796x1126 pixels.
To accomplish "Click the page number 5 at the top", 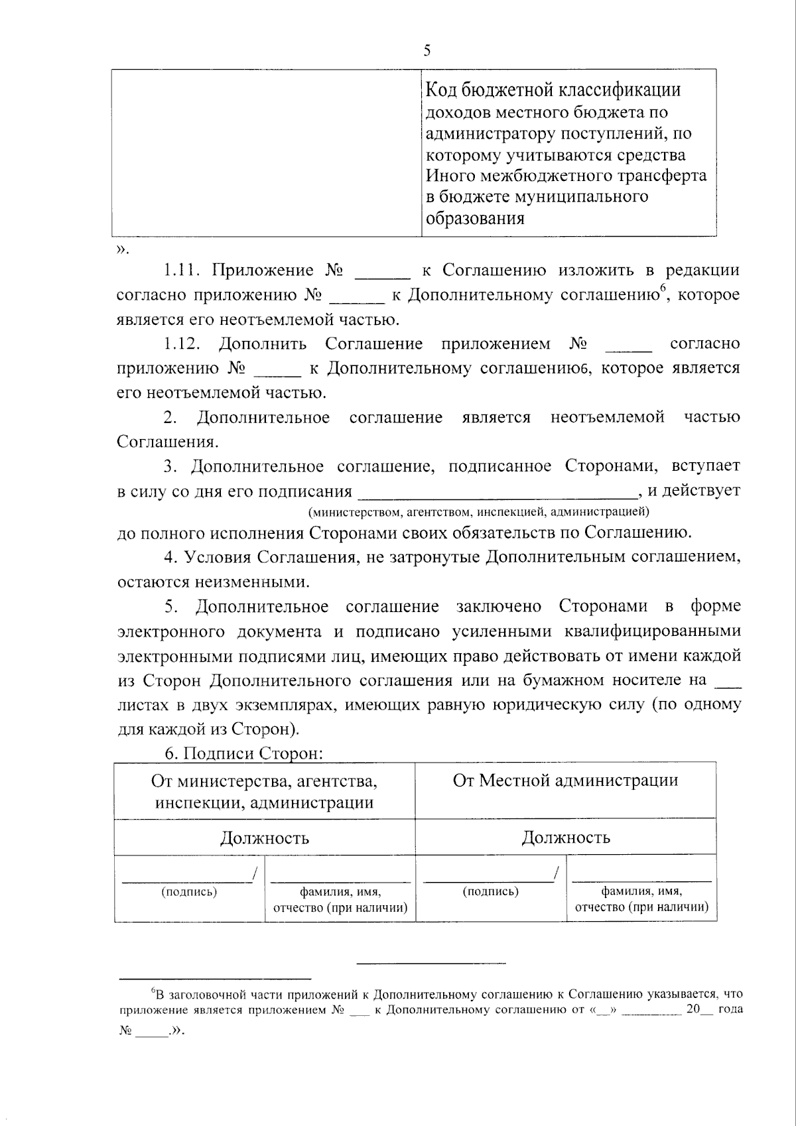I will [427, 50].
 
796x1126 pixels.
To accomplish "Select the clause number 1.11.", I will [182, 271].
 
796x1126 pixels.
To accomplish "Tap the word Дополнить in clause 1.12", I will [263, 344].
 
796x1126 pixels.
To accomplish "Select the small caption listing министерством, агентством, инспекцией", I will [478, 511].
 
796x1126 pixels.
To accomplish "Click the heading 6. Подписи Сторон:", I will [243, 753].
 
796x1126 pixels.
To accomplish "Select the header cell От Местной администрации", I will [565, 781].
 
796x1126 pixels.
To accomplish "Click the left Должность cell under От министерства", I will [264, 838].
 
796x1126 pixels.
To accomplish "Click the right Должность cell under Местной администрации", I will [565, 838].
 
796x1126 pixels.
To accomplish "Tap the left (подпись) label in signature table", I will [189, 892].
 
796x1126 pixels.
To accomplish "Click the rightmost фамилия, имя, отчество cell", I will [641, 899].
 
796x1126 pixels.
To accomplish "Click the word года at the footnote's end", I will [729, 1009].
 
